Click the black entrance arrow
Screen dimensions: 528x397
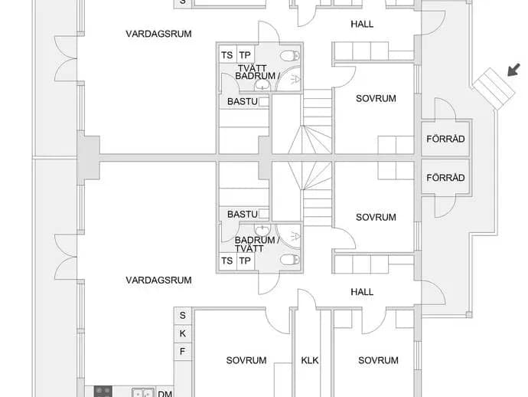pos(514,70)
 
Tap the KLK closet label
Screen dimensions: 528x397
pos(309,360)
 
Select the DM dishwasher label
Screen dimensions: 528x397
pos(165,393)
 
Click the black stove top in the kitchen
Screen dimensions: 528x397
pos(103,392)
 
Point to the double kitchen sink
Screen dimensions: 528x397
pos(143,393)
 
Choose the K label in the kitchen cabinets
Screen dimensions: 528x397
pos(183,333)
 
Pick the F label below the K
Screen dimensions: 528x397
pos(182,352)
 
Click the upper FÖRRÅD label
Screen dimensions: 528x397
pos(445,139)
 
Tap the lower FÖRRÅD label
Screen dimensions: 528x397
pos(445,177)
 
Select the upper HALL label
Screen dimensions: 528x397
pos(362,25)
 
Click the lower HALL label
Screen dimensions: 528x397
pos(362,292)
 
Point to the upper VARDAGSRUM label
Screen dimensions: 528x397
pos(158,34)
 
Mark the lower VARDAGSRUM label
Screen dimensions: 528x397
pos(158,280)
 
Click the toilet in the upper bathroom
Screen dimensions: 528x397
pos(289,55)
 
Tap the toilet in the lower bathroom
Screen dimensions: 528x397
pos(289,260)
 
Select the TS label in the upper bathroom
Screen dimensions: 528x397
pos(227,55)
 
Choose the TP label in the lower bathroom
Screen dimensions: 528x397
pos(245,261)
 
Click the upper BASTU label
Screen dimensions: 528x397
pos(243,101)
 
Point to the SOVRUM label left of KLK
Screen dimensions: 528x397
pos(246,360)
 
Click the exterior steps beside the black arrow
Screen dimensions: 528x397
pos(494,89)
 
